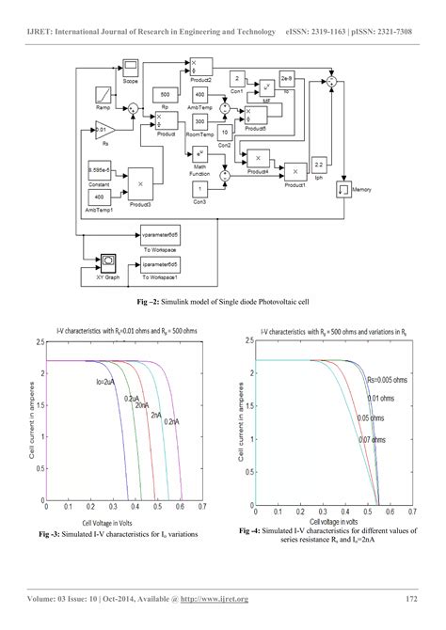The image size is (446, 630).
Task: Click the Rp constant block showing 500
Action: (166, 95)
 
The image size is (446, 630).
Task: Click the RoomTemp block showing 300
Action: (199, 121)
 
